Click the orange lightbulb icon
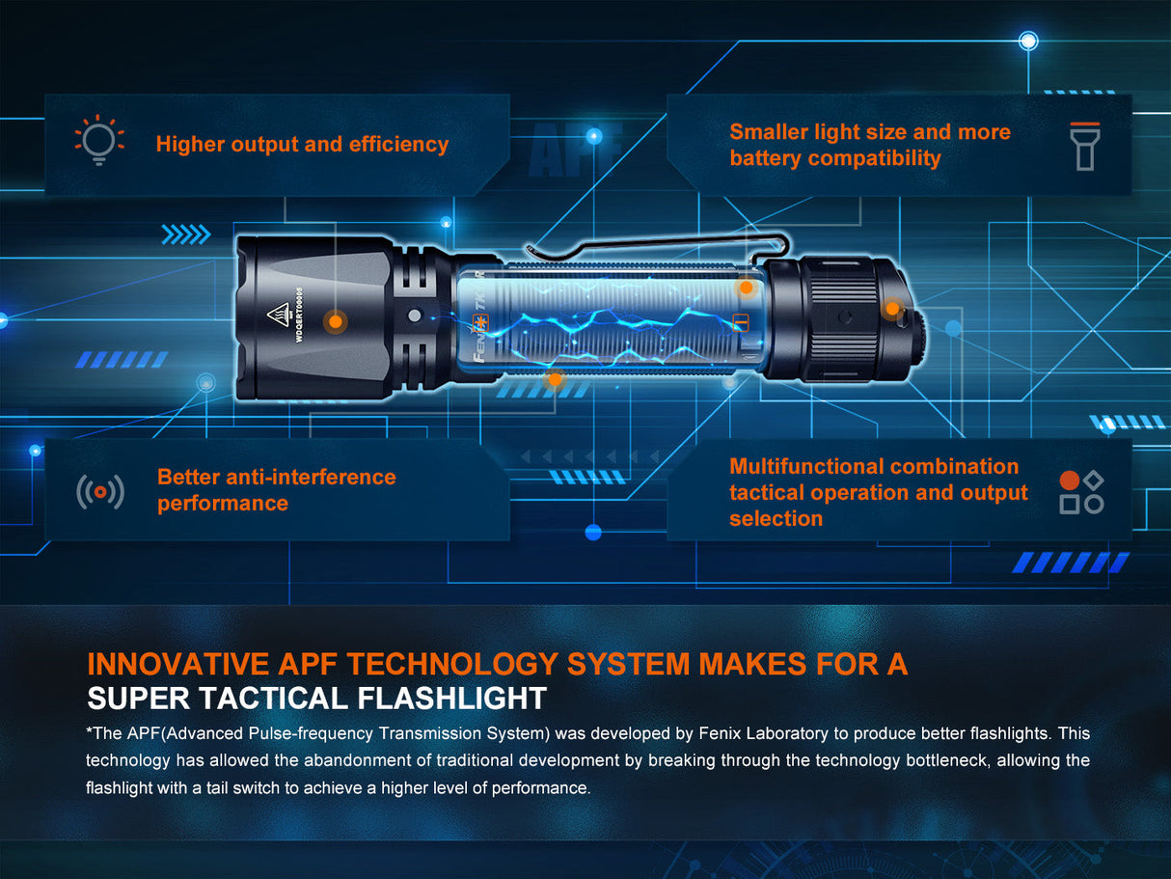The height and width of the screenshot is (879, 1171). (x=99, y=141)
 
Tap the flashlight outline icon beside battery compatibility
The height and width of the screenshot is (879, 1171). (x=1085, y=146)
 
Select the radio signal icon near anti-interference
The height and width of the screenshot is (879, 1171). (x=100, y=492)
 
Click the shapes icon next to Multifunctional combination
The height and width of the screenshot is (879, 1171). (x=1081, y=492)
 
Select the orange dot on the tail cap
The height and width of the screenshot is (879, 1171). (x=893, y=309)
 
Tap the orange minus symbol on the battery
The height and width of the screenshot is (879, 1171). (x=741, y=322)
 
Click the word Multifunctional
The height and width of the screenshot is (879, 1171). (x=806, y=467)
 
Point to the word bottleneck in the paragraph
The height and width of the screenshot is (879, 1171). (x=939, y=760)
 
